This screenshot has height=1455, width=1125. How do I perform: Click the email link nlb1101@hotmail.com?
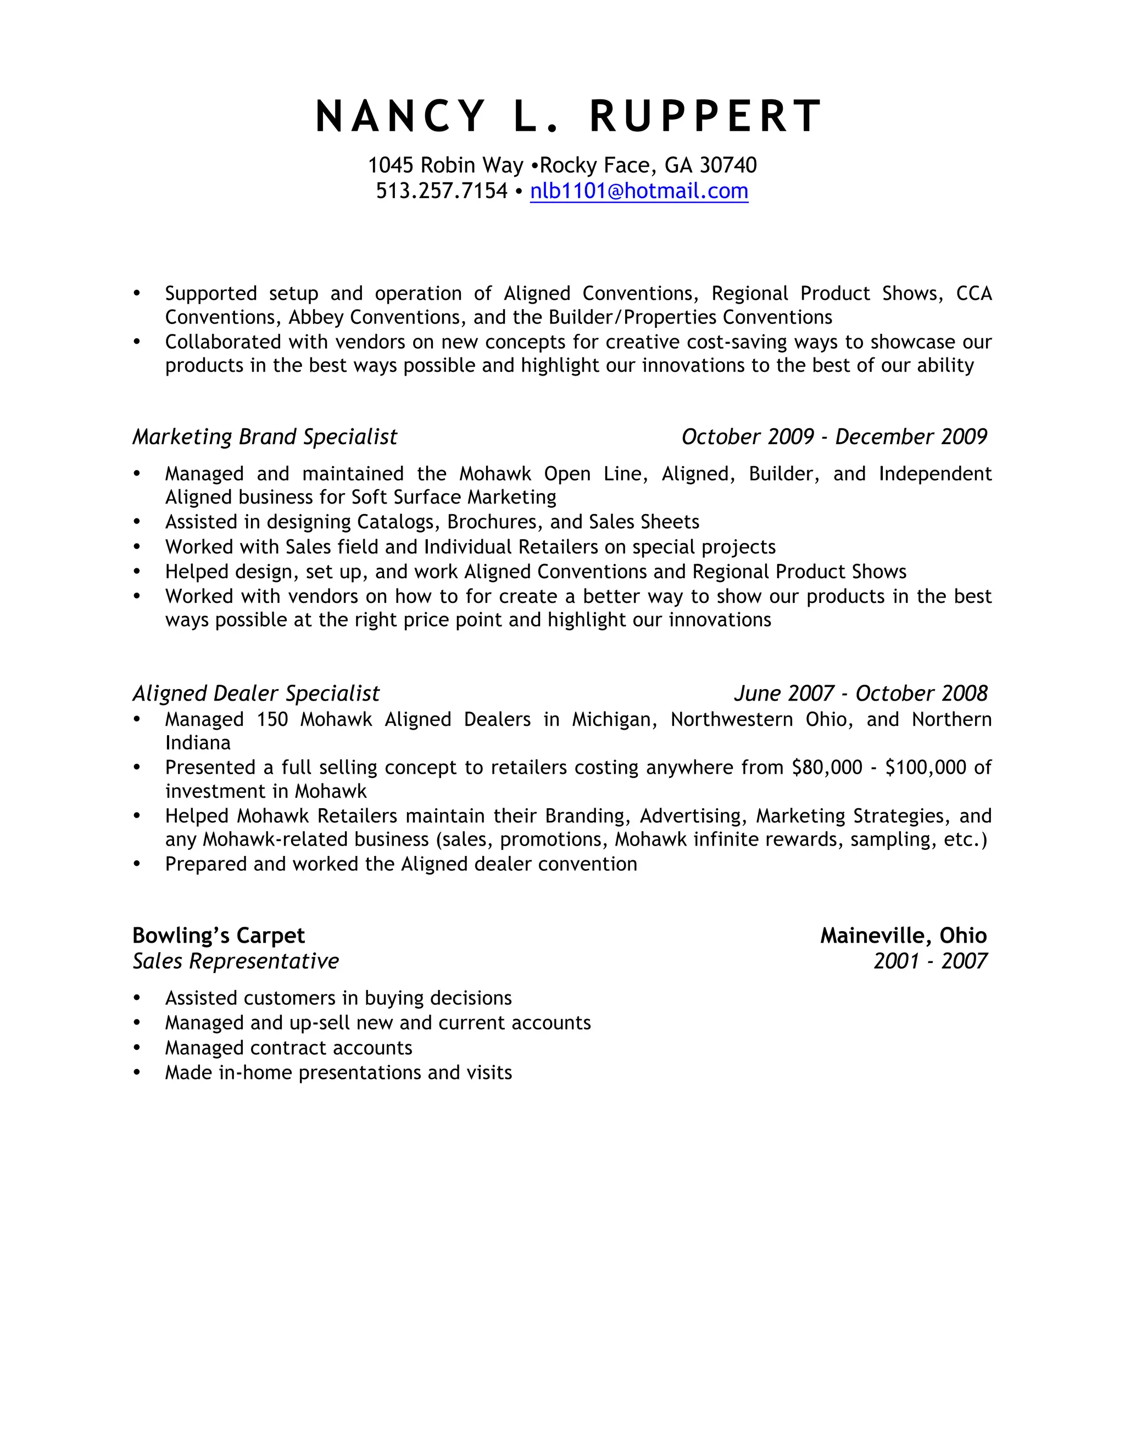pyautogui.click(x=638, y=191)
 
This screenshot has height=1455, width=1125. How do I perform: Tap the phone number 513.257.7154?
pyautogui.click(x=441, y=191)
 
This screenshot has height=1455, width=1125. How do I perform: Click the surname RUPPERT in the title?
pyautogui.click(x=706, y=116)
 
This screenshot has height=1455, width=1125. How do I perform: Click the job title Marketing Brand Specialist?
pyautogui.click(x=265, y=436)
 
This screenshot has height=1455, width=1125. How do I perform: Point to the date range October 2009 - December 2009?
pyautogui.click(x=834, y=436)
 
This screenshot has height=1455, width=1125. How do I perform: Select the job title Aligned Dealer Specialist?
pyautogui.click(x=256, y=693)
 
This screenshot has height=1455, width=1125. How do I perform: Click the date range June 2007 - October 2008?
pyautogui.click(x=860, y=693)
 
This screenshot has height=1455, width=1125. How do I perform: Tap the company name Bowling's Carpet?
pyautogui.click(x=218, y=936)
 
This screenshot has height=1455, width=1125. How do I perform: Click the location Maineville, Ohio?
pyautogui.click(x=903, y=936)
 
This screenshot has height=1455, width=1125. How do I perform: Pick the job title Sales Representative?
pyautogui.click(x=235, y=961)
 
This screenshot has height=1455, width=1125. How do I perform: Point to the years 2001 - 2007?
pyautogui.click(x=930, y=961)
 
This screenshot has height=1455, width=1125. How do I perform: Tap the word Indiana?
pyautogui.click(x=198, y=743)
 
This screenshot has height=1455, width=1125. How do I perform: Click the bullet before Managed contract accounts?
pyautogui.click(x=137, y=1048)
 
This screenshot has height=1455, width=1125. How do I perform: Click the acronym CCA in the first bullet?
pyautogui.click(x=974, y=293)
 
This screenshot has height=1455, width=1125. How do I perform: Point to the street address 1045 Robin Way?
pyautogui.click(x=445, y=165)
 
